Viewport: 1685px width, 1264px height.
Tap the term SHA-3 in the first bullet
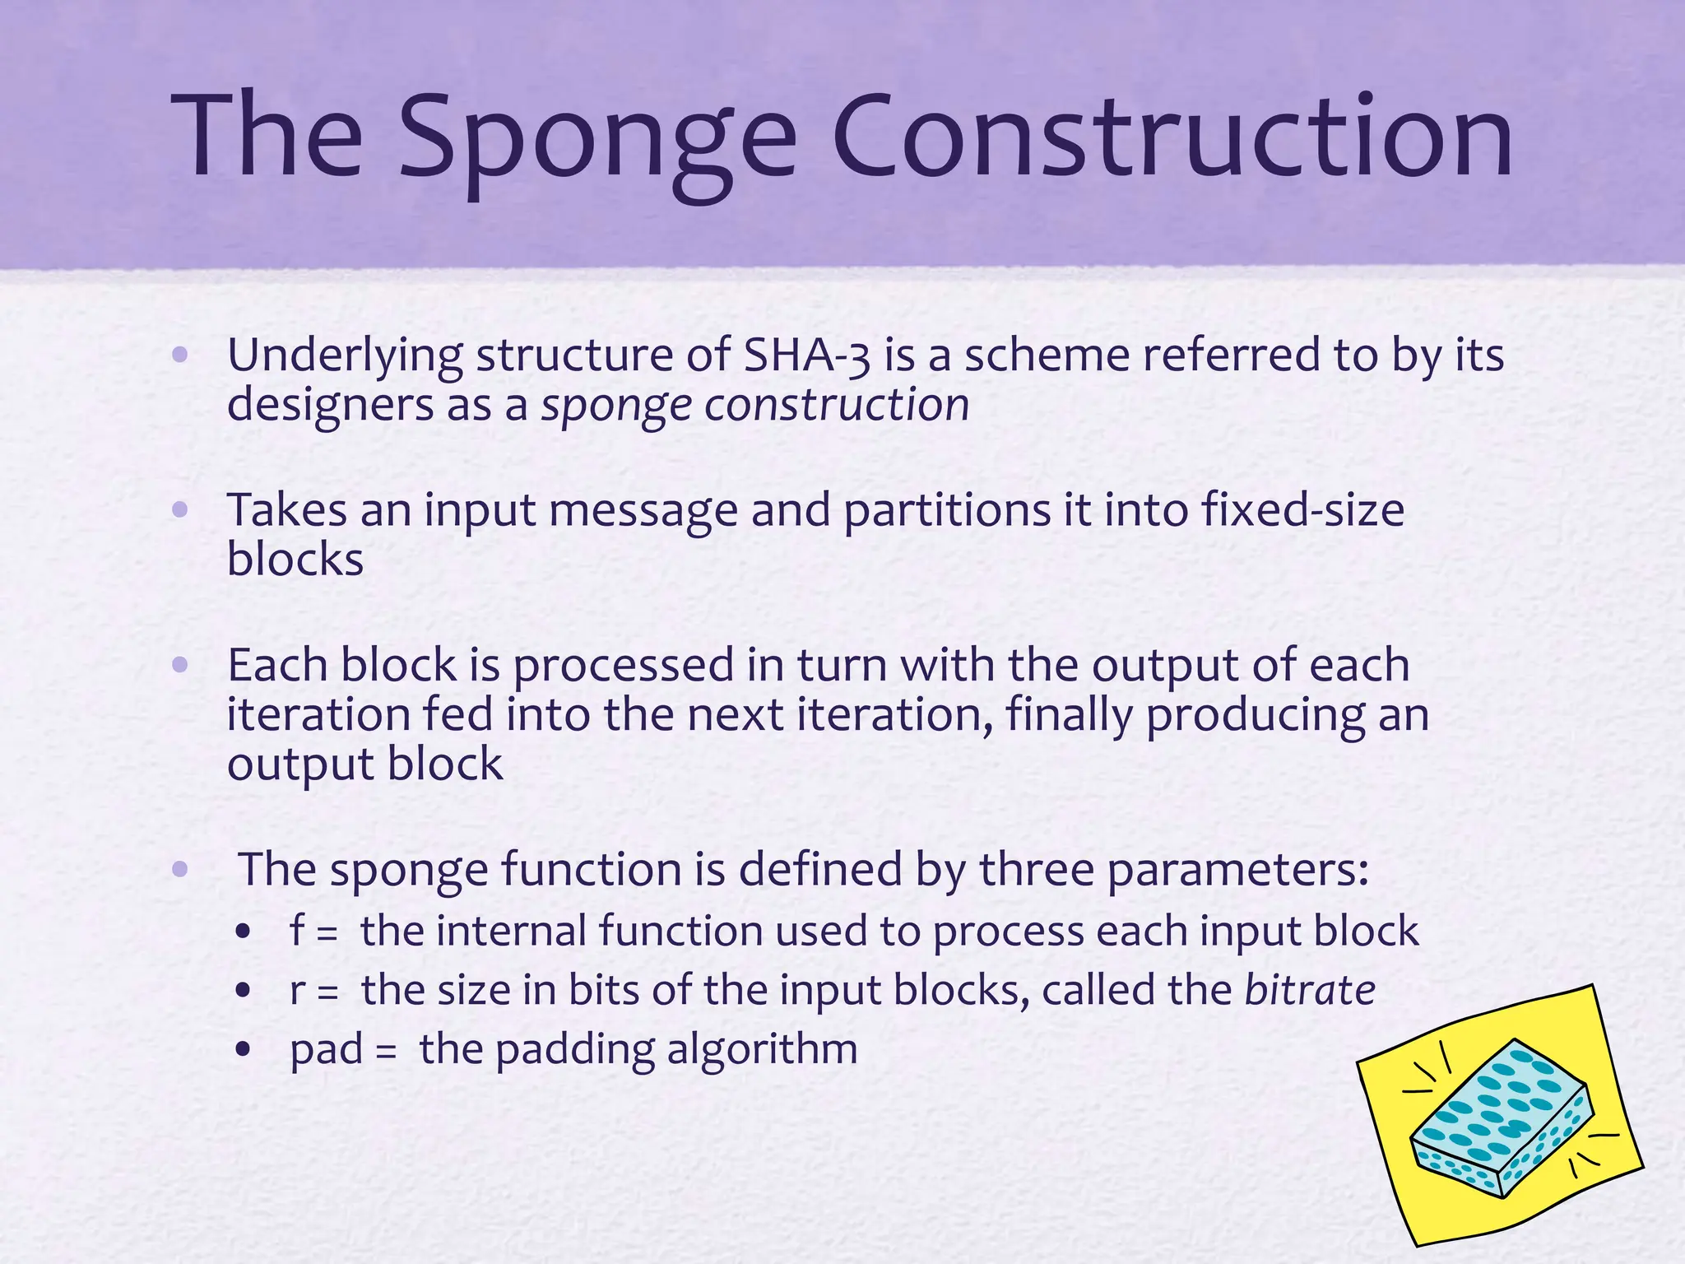805,355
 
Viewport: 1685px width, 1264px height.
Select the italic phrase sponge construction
754,406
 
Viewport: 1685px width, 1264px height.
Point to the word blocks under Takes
295,560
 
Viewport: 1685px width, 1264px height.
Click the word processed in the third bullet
623,665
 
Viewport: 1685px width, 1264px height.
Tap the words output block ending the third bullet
364,764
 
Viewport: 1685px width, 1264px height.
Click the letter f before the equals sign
297,931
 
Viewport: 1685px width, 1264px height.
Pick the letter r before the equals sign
297,990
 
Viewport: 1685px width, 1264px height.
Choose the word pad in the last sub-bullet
326,1050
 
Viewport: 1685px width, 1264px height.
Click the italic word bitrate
1309,990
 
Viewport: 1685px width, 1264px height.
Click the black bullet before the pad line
242,1050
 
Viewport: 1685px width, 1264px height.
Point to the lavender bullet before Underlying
181,355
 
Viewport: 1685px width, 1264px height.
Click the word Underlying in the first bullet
345,356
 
